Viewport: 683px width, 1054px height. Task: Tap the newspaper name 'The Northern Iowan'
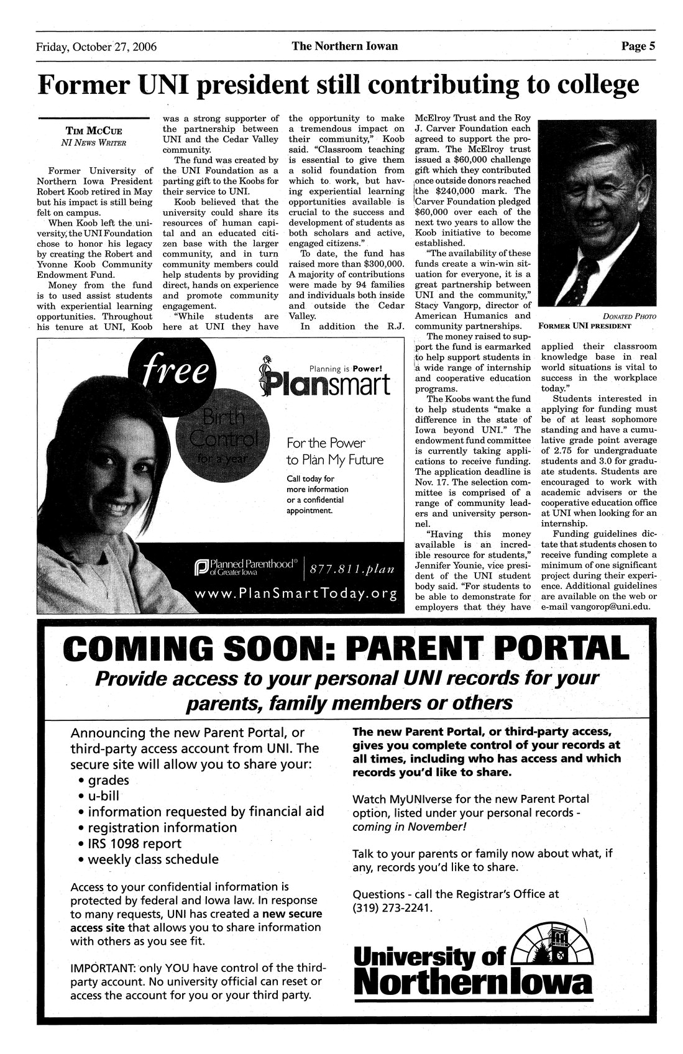[x=344, y=46]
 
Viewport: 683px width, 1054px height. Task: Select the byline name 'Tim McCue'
[x=94, y=131]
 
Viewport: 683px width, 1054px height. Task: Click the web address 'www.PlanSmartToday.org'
[x=295, y=593]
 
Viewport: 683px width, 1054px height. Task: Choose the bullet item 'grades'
[x=109, y=780]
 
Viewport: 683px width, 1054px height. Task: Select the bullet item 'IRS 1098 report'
[x=135, y=843]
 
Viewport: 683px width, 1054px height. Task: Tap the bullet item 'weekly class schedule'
[x=153, y=859]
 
